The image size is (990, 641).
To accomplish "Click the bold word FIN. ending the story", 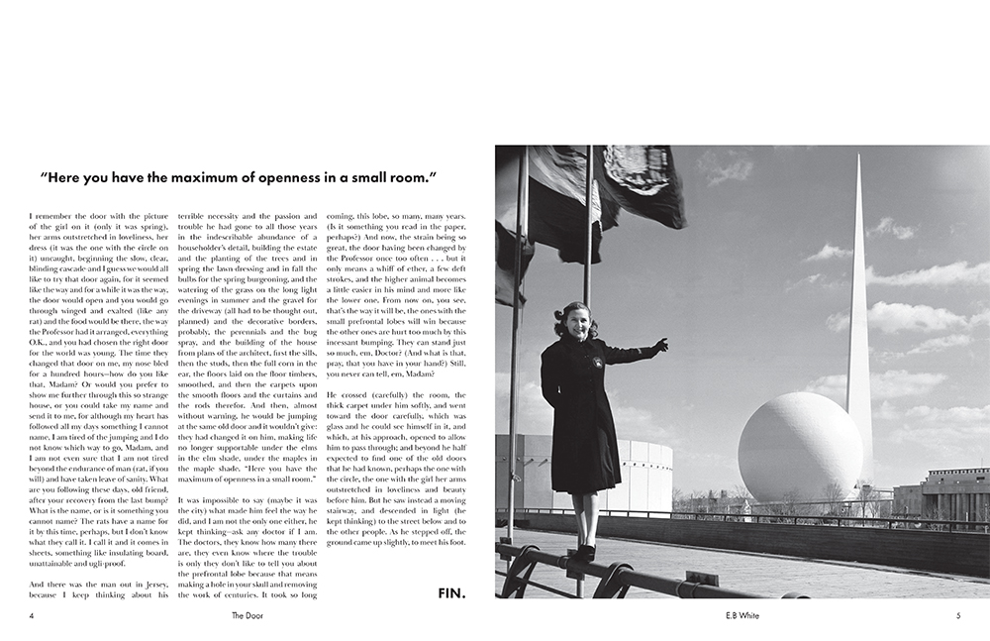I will pos(451,593).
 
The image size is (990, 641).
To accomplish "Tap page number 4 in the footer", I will pos(33,615).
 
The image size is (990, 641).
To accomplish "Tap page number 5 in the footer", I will pos(958,615).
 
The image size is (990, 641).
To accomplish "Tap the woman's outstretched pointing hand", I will pos(659,346).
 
